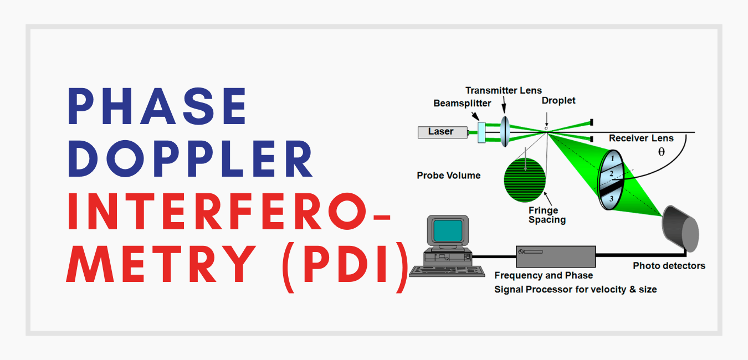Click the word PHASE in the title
[158, 107]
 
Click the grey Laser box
[440, 132]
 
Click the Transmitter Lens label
[503, 90]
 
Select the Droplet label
[559, 101]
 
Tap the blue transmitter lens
[505, 131]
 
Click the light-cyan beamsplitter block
[481, 131]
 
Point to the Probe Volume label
[448, 176]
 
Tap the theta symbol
[661, 151]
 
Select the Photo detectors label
[669, 266]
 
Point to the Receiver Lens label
[641, 138]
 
